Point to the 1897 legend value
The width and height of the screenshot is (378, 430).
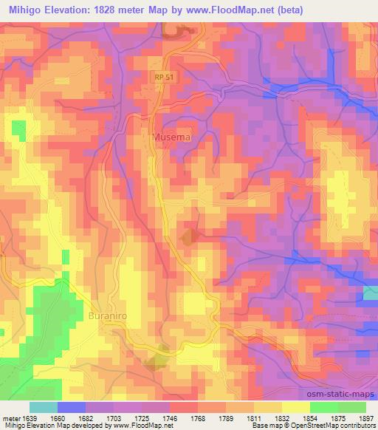(x=365, y=418)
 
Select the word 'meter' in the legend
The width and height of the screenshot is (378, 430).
(x=10, y=418)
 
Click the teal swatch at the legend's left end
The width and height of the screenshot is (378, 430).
(x=44, y=407)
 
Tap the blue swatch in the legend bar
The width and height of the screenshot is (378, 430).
(x=72, y=407)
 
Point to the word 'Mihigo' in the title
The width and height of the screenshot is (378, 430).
(x=24, y=9)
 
